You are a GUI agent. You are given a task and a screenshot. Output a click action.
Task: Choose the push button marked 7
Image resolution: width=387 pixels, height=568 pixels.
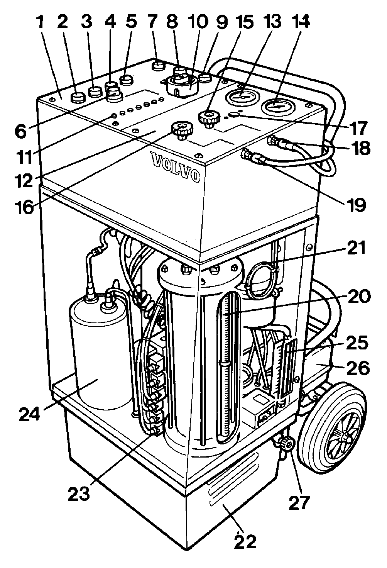tap(159, 66)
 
